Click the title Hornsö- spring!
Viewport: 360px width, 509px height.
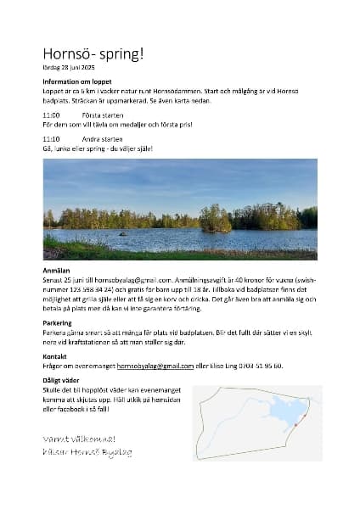93,53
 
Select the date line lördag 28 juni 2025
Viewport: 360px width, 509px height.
69,67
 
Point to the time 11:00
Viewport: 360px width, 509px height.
51,114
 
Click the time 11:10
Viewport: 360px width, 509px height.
51,137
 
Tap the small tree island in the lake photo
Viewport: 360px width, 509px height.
215,219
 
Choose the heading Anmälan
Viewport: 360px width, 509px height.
57,270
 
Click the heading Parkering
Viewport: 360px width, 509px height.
58,322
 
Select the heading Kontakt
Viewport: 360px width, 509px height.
54,357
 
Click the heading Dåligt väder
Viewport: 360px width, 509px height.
62,381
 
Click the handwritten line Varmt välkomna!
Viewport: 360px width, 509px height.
79,439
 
